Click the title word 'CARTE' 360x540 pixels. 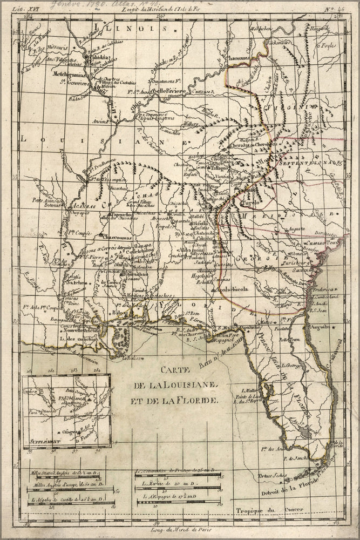click(x=178, y=371)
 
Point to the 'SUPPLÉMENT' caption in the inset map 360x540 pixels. click(x=42, y=441)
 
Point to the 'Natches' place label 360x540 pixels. click(x=76, y=282)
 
